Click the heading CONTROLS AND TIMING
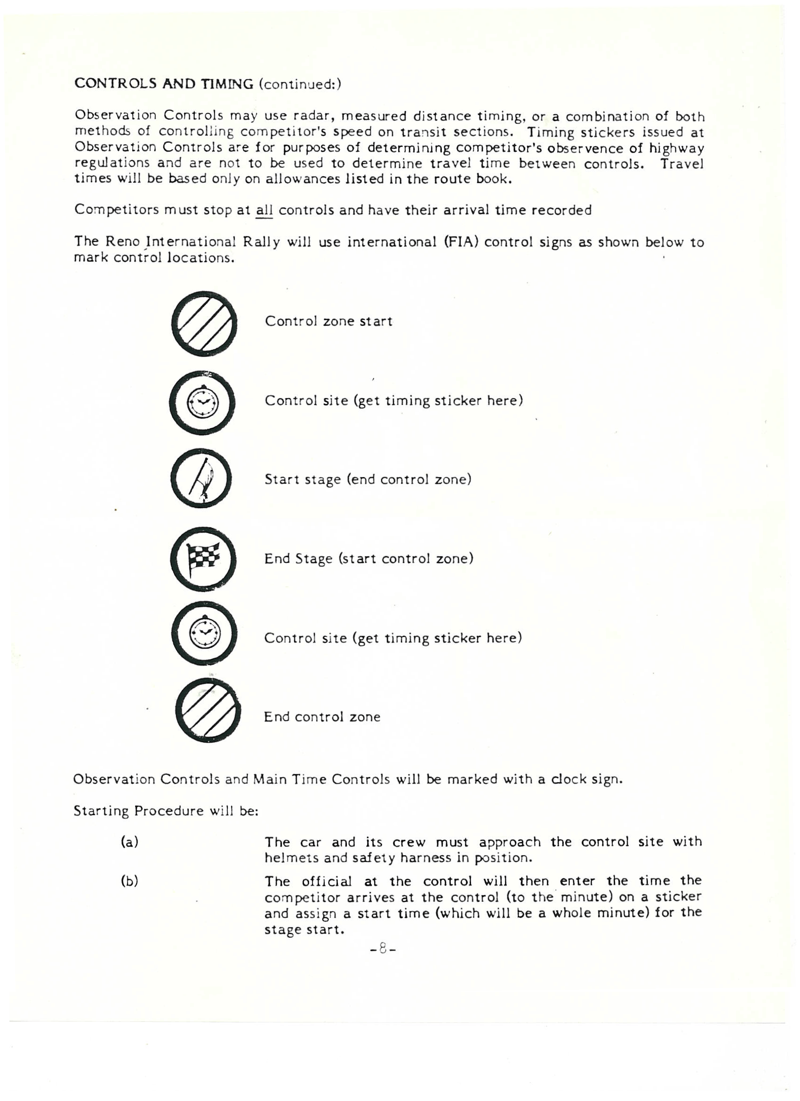[164, 84]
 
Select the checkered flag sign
[204, 558]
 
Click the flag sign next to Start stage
[201, 479]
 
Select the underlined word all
[264, 210]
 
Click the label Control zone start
[328, 321]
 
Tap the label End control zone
[322, 717]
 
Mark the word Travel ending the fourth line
[681, 163]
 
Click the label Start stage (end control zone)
[368, 479]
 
